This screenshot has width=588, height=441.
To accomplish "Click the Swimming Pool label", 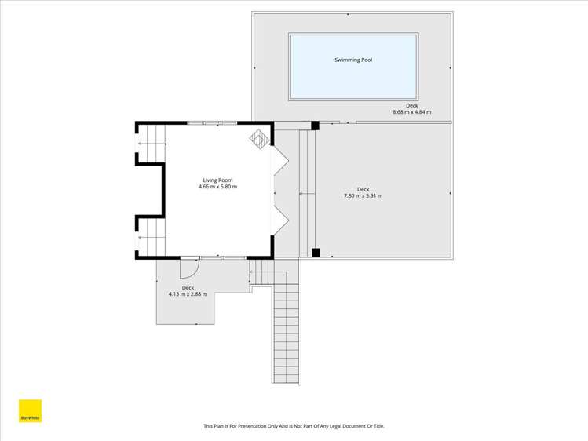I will [x=352, y=60].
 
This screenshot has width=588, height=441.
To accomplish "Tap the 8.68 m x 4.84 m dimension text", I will [x=411, y=112].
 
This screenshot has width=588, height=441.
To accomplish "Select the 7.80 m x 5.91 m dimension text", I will [x=363, y=195].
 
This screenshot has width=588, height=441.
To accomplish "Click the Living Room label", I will [x=217, y=180].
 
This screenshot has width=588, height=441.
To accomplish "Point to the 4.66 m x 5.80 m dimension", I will [x=217, y=187].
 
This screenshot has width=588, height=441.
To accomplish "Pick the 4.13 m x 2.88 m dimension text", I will [x=188, y=294].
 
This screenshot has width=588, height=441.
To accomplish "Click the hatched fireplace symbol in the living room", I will [x=260, y=139].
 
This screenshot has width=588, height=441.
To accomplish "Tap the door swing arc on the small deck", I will [x=189, y=268].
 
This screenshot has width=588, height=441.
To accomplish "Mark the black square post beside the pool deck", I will [x=315, y=126].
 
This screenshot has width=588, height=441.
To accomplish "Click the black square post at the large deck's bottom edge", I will [x=316, y=253].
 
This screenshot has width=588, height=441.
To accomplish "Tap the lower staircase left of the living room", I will [x=152, y=236].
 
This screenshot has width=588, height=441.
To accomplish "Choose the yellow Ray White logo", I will [x=30, y=412].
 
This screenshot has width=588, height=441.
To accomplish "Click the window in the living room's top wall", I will [x=212, y=123].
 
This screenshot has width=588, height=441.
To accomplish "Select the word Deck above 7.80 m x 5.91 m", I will [x=363, y=189].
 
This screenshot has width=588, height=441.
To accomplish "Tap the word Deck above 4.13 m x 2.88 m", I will [x=188, y=288].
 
